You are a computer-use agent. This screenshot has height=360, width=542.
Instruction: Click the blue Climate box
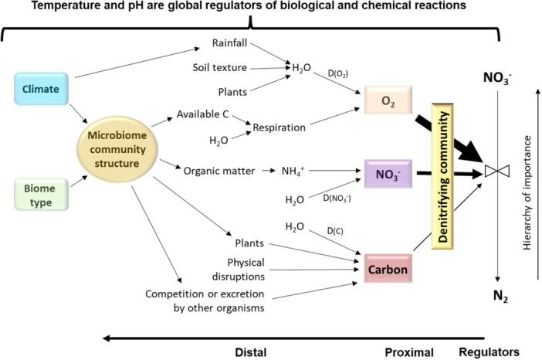tap(41, 89)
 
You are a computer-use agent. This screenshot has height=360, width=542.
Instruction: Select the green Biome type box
tap(41, 195)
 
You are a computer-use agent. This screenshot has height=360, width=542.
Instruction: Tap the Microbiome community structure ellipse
tap(117, 149)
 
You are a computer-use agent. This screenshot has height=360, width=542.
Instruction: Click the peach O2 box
tap(388, 100)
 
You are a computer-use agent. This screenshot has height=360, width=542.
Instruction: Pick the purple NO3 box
tap(388, 174)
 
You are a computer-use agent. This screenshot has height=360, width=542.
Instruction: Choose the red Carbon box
tap(388, 269)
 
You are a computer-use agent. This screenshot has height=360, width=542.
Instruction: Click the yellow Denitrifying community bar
tap(442, 176)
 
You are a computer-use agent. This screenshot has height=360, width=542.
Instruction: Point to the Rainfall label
tap(229, 43)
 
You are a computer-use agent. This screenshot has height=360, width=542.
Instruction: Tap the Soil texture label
tap(220, 67)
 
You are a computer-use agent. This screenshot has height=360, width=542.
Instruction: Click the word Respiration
tap(279, 127)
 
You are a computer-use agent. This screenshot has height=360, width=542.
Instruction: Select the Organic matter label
tap(219, 171)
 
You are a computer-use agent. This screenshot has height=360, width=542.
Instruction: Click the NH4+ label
tap(293, 171)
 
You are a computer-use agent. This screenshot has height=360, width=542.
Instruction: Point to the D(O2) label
tap(337, 73)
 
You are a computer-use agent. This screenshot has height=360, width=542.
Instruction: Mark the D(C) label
tap(335, 231)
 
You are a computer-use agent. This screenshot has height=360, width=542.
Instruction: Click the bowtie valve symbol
tap(497, 171)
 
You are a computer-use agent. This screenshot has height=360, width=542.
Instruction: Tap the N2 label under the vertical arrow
tap(500, 296)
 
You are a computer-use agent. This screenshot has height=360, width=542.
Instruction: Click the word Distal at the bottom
tap(251, 352)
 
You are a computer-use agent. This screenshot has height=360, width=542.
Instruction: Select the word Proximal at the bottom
tap(409, 352)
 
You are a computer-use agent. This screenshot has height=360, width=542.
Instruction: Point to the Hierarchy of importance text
tap(527, 192)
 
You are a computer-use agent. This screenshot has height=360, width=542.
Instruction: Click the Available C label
tap(202, 114)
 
